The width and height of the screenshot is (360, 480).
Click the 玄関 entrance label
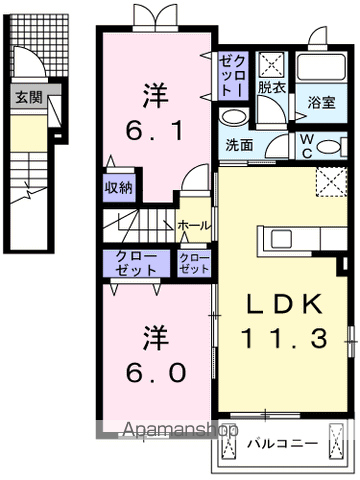pyautogui.click(x=29, y=97)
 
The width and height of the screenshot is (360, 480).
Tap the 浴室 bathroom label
pyautogui.click(x=321, y=103)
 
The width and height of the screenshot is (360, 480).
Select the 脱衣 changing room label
pyautogui.click(x=272, y=88)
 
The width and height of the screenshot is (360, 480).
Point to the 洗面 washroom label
pyautogui.click(x=239, y=145)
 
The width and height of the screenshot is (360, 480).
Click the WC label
pyautogui.click(x=307, y=147)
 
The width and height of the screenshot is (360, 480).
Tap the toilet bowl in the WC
pyautogui.click(x=328, y=147)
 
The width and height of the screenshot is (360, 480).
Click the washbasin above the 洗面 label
pyautogui.click(x=234, y=118)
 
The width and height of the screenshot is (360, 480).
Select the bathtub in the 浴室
pyautogui.click(x=321, y=67)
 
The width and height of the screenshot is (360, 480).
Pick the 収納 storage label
pyautogui.click(x=119, y=188)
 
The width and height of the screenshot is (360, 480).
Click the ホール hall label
pyautogui.click(x=194, y=226)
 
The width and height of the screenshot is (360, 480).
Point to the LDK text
pyautogui.click(x=284, y=303)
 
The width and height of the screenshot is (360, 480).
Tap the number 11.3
pyautogui.click(x=284, y=337)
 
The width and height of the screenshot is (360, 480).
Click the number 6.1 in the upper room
pyautogui.click(x=155, y=131)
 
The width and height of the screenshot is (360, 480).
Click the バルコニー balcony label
pyautogui.click(x=282, y=444)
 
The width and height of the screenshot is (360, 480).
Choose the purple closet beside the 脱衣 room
pyautogui.click(x=233, y=76)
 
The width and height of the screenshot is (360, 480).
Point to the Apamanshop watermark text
pyautogui.click(x=180, y=430)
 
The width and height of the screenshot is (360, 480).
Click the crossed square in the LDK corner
pyautogui.click(x=331, y=181)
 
